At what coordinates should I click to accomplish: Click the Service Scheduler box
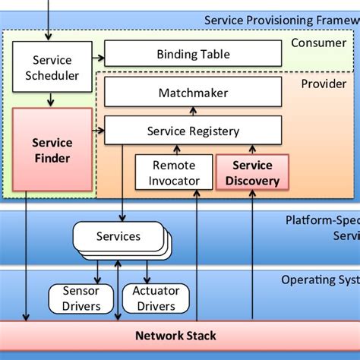52,68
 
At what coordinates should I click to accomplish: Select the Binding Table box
193,54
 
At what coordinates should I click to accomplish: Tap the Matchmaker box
193,93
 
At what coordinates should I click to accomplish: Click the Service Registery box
193,131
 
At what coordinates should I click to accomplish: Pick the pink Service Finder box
52,150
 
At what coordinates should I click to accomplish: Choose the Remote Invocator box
173,172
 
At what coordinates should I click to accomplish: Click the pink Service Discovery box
252,172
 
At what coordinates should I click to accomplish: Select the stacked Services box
118,236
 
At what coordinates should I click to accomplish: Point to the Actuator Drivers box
155,298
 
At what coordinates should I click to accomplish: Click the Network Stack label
175,335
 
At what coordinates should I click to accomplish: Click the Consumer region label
318,43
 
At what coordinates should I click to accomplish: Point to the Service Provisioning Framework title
281,20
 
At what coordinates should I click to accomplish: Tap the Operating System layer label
320,279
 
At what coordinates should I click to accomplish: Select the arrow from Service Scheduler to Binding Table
98,54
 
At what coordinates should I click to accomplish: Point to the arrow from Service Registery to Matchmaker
193,112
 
